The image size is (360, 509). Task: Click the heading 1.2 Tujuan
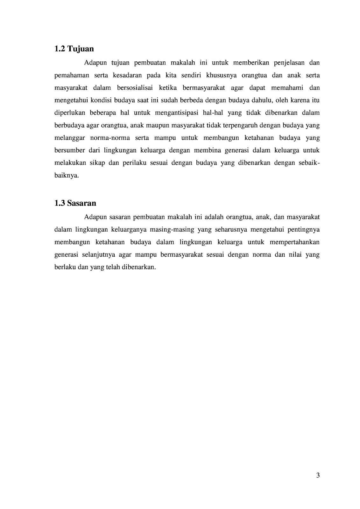click(74, 49)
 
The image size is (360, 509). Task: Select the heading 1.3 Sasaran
click(75, 203)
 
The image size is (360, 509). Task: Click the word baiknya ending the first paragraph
click(66, 176)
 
